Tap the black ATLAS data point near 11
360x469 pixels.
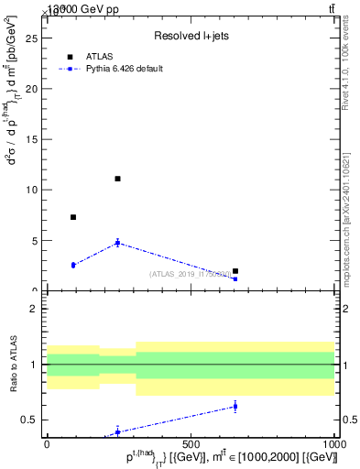click(x=117, y=179)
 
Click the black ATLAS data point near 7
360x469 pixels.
click(x=73, y=217)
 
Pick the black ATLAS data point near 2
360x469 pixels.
click(x=235, y=271)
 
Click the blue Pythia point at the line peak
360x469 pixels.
click(x=117, y=243)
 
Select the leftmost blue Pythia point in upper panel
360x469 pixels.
click(x=73, y=265)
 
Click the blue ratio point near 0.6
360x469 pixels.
click(x=235, y=406)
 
